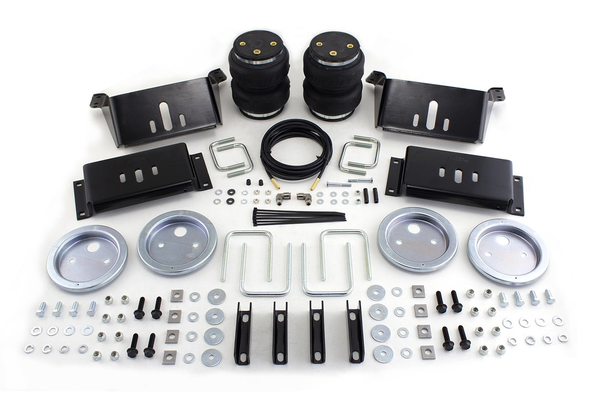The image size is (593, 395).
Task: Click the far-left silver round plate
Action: [x=87, y=258]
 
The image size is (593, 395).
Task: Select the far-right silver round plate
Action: [x=508, y=251]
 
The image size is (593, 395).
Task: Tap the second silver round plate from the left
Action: [x=177, y=242]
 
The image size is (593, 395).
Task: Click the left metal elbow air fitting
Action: [x=280, y=199]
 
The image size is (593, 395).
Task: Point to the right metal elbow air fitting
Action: [x=306, y=199]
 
